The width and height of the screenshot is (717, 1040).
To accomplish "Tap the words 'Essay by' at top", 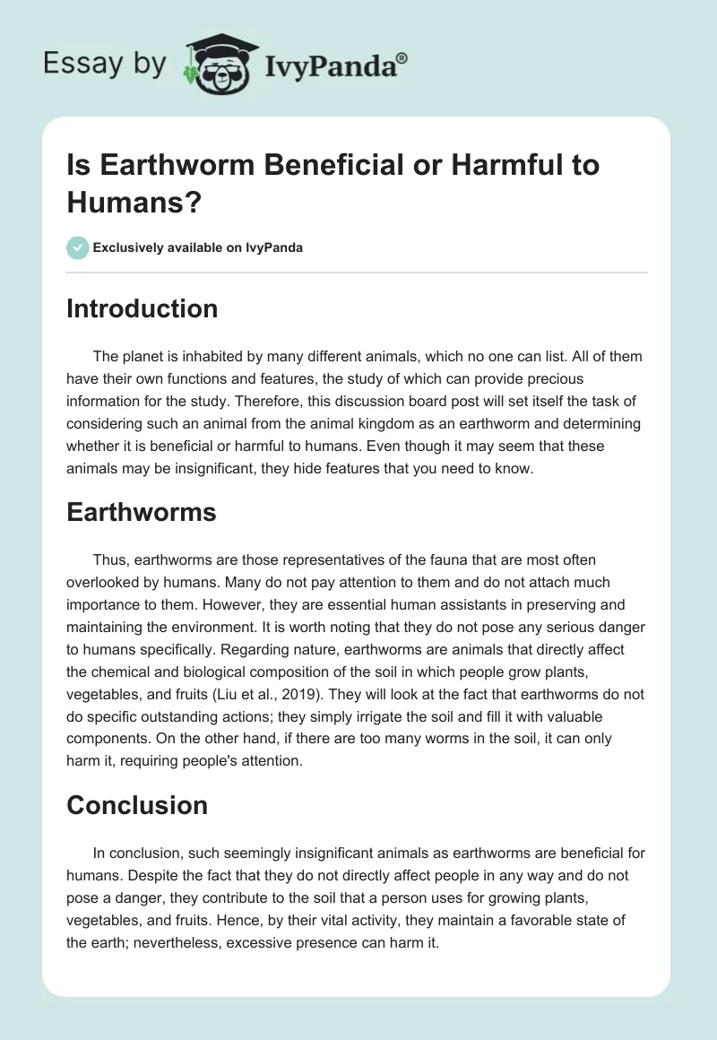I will coord(104,65).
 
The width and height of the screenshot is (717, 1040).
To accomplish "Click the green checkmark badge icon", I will coord(78,247).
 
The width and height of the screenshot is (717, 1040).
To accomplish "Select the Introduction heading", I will coord(142,308).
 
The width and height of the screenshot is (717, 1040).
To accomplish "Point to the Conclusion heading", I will coord(137,805).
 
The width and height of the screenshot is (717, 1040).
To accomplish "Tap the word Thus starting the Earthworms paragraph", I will coord(108,559).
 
